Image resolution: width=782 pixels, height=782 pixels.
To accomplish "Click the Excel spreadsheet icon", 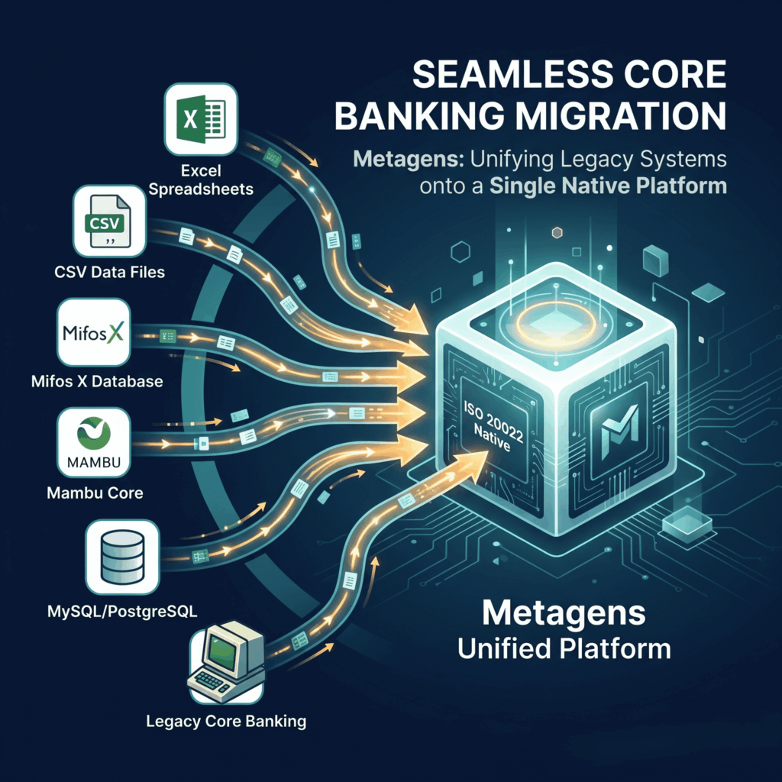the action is [201, 119].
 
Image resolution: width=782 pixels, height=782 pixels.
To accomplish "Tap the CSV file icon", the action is [109, 221].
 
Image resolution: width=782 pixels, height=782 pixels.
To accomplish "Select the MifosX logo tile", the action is [94, 332].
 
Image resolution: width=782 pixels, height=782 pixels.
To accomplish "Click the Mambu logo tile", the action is [94, 442].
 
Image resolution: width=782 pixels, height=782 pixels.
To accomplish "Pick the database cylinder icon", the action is [122, 557].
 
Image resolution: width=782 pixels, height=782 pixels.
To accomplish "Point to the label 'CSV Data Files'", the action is [110, 273].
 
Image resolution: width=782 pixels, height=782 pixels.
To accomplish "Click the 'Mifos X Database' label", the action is [97, 382].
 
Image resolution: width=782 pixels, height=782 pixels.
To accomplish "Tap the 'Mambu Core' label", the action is [95, 493].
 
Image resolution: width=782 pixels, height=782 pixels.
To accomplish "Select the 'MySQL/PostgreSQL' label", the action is [122, 612].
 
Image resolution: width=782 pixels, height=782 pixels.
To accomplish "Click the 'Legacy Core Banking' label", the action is [226, 721].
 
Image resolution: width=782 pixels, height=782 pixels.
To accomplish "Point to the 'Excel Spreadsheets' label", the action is [201, 180].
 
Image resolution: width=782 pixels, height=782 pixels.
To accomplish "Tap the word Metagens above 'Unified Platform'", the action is [564, 613].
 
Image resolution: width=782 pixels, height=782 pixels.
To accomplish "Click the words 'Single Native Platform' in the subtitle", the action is [608, 186].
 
